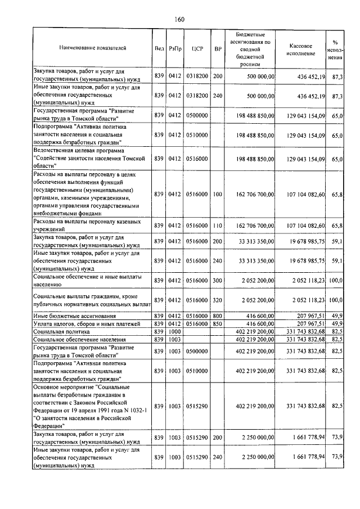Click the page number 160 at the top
[x=179, y=19]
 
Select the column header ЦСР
[x=197, y=48]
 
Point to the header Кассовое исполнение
[x=304, y=48]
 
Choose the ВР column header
[x=218, y=48]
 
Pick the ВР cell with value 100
[x=218, y=194]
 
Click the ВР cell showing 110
[x=218, y=226]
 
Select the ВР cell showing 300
[x=218, y=280]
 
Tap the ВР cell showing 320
[x=218, y=300]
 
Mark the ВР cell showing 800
[x=218, y=317]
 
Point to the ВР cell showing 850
[x=218, y=325]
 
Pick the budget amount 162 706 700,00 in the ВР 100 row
[x=256, y=194]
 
